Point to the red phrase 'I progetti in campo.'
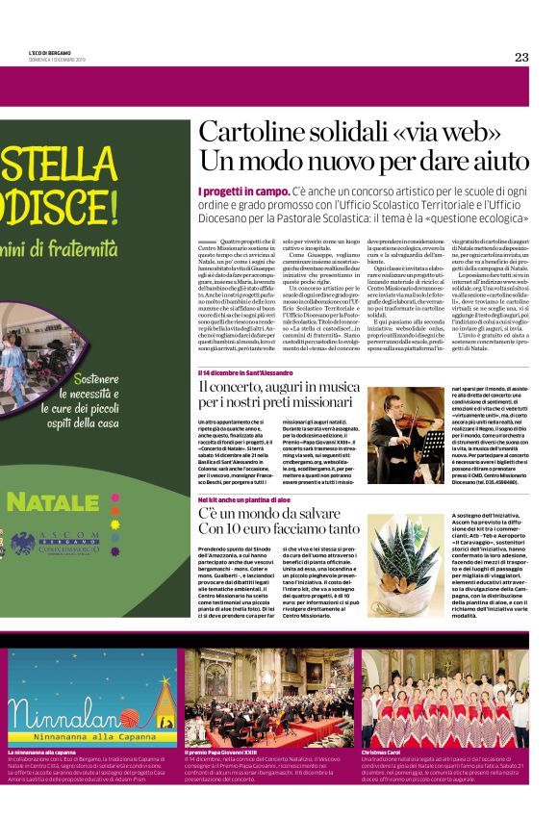tap(230, 192)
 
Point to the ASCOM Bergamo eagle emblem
tap(24, 543)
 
